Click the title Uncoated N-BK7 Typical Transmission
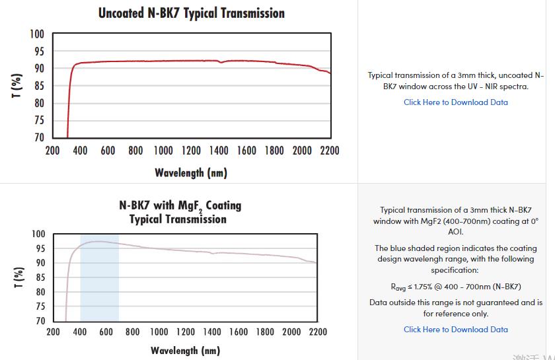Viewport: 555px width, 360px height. (192, 13)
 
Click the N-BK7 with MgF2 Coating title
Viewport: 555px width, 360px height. (180, 211)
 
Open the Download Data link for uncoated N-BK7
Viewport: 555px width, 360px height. (456, 102)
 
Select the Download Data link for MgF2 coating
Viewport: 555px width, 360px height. (456, 330)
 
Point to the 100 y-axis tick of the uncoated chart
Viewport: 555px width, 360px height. (38, 34)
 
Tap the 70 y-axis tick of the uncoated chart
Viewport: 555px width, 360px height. (39, 137)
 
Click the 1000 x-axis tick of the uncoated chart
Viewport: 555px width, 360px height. (163, 151)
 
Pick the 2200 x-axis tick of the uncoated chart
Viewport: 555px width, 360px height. (329, 151)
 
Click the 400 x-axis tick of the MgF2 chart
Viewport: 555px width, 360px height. (80, 332)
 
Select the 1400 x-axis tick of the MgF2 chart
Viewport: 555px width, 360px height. (212, 332)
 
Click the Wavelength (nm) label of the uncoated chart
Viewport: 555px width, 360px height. (191, 173)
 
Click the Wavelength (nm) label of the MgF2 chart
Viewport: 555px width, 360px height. (185, 350)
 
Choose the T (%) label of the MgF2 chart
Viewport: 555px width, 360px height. (17, 277)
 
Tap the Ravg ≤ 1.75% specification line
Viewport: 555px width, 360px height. (456, 287)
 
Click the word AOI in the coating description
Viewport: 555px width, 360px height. (455, 232)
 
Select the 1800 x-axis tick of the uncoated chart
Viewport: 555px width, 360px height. (274, 151)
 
